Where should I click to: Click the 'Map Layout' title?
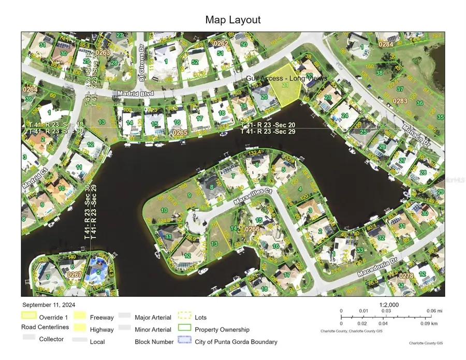pos(233,20)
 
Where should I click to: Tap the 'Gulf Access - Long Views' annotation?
pos(286,78)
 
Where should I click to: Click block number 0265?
pos(180,133)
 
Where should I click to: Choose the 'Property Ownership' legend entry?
pos(222,329)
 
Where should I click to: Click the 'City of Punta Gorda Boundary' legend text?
pos(236,342)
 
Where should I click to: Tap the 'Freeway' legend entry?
pos(101,317)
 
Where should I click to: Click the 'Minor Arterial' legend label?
pos(153,329)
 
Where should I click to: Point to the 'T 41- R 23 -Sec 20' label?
pos(268,125)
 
